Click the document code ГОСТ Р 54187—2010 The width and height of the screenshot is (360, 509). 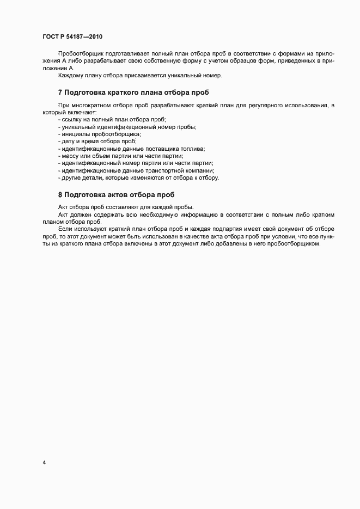point(72,37)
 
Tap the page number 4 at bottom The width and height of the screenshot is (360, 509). point(44,463)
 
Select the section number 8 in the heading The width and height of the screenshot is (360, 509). point(60,194)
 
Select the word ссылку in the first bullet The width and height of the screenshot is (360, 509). point(71,119)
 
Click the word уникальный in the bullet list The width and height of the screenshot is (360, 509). point(78,127)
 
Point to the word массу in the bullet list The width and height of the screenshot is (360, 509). point(70,156)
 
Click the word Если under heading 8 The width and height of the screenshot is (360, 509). point(64,229)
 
